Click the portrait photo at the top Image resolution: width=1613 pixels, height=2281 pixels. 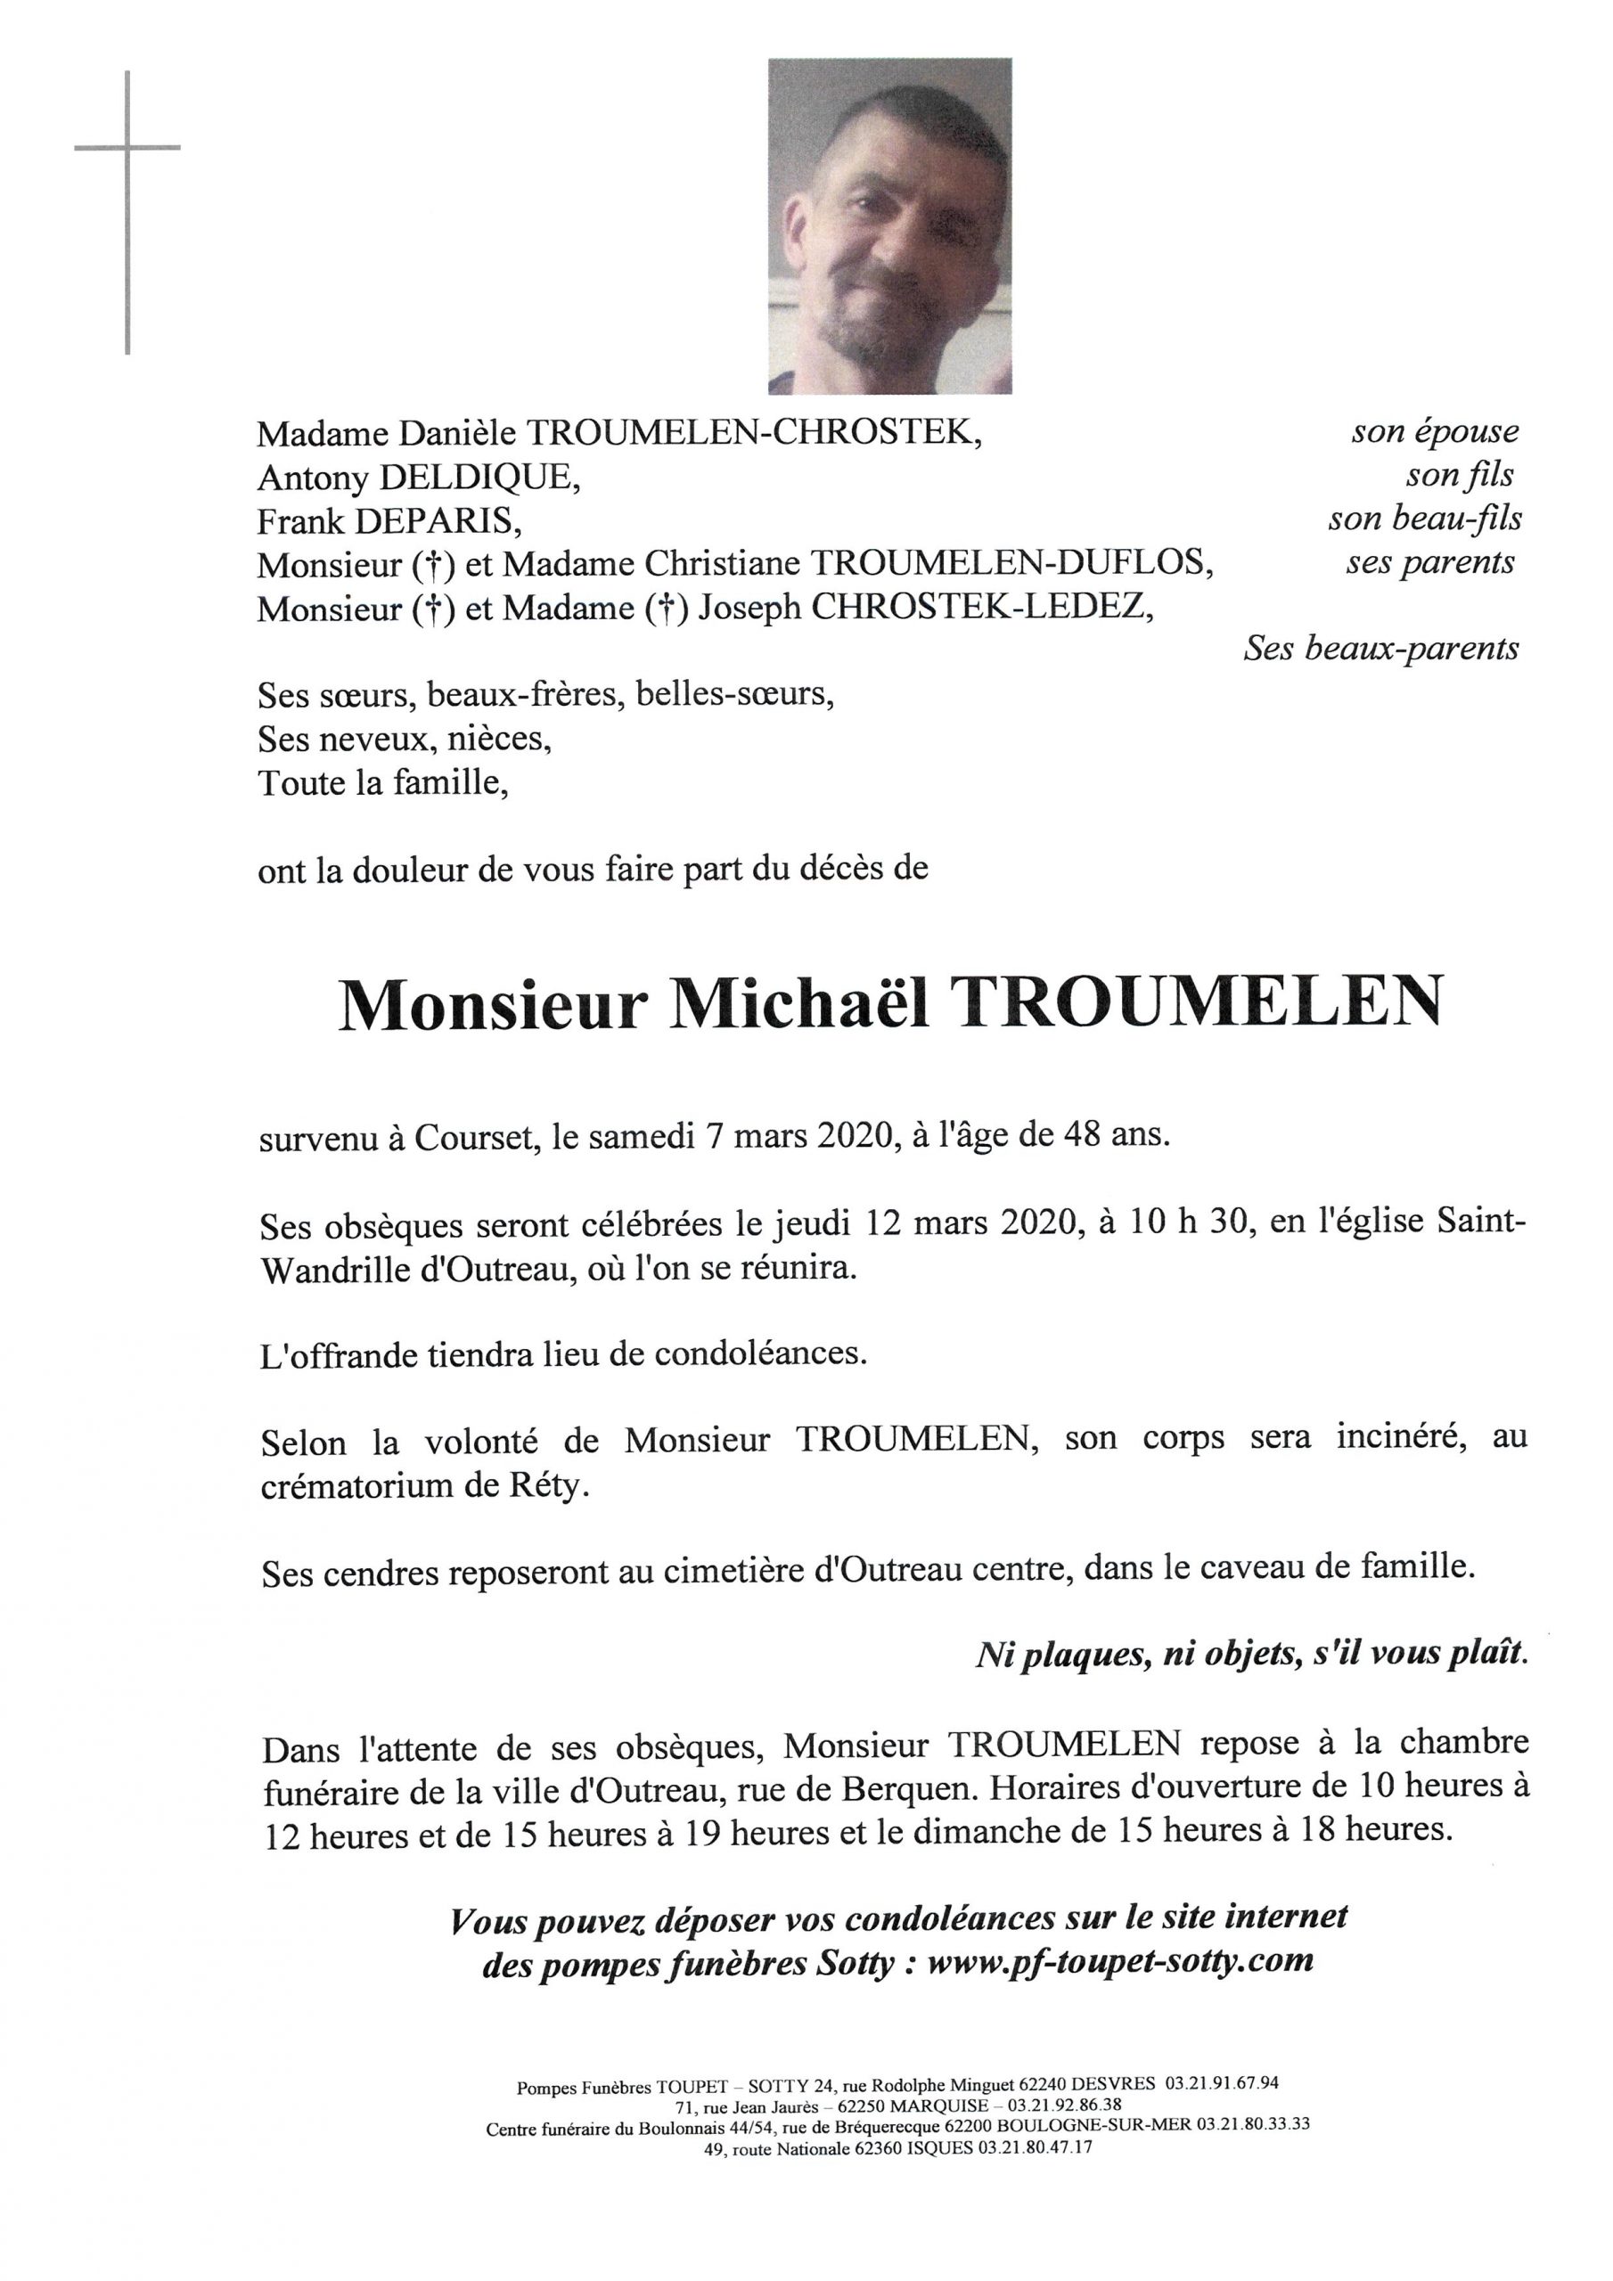point(889,225)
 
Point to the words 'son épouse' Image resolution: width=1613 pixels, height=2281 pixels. point(1434,431)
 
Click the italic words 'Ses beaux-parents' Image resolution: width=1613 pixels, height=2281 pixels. point(1381,649)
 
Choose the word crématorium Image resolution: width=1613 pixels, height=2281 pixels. point(368,1489)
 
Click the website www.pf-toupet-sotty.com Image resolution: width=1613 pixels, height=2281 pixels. point(1120,1960)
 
